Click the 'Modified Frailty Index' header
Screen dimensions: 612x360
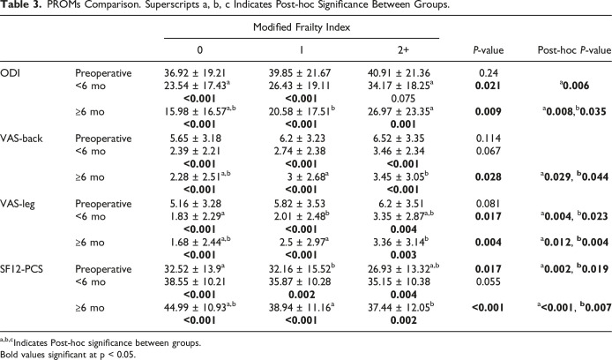coord(302,27)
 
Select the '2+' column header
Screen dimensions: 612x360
coord(403,50)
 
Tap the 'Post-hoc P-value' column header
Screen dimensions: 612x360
coord(574,50)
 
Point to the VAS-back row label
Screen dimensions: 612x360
coord(21,139)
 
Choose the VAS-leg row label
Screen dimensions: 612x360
coord(18,204)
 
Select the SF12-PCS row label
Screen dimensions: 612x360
coord(21,269)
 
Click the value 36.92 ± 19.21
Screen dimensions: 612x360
coord(195,73)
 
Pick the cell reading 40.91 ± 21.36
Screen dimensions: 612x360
coord(399,73)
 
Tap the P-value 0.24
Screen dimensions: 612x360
coord(488,73)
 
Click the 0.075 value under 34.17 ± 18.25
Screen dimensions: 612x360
coord(403,99)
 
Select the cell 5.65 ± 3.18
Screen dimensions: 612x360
coord(196,139)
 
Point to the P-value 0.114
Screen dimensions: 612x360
coord(488,139)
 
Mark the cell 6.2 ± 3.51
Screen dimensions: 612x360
coord(398,204)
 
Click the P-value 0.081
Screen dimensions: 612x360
coord(488,204)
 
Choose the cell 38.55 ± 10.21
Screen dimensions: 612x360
coord(195,281)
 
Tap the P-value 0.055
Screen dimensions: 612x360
coord(488,281)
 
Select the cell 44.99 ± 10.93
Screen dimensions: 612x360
coord(195,308)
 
